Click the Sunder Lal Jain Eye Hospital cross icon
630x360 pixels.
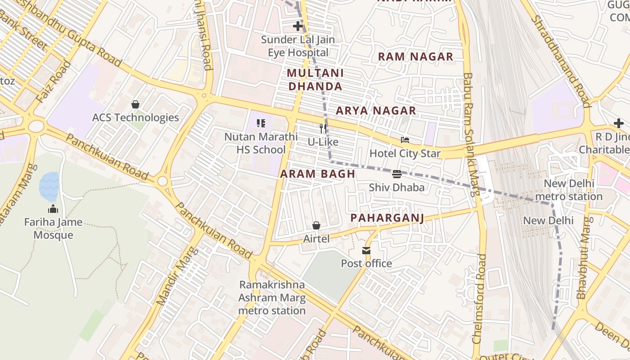point(298,26)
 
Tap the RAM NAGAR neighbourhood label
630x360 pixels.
point(415,57)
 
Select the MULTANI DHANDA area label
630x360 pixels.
point(315,80)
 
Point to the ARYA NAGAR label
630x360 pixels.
point(376,111)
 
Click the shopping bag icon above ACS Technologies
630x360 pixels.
point(135,104)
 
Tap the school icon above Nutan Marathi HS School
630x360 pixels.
point(261,123)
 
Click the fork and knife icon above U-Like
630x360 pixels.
point(323,129)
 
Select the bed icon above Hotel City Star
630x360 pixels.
point(405,140)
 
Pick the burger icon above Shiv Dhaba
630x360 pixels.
point(396,174)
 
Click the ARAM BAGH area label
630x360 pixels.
point(318,174)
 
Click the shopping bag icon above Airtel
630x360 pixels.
point(316,225)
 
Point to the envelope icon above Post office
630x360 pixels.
point(366,250)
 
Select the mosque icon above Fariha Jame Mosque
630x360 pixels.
point(53,209)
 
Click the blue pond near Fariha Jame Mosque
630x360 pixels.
point(49,186)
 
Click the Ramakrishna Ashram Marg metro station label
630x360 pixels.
point(272,297)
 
